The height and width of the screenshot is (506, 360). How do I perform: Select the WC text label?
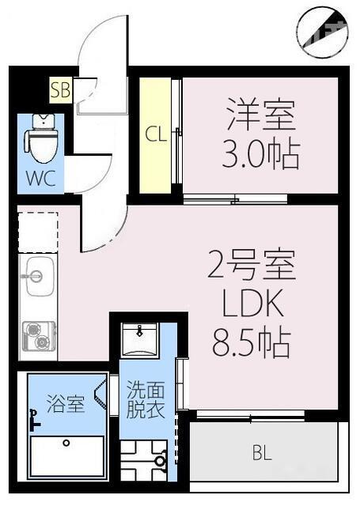pos(39,178)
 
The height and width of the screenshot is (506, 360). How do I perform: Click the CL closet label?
pos(155,134)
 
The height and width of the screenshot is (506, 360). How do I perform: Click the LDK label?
pos(251,305)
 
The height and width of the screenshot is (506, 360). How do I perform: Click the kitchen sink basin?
pos(37,277)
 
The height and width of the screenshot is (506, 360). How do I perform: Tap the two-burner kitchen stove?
pos(37,335)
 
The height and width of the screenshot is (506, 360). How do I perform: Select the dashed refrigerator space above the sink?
pos(37,232)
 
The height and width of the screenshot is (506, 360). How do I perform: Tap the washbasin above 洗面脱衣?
pos(140,339)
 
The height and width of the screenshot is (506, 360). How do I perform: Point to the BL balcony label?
pos(260,454)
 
